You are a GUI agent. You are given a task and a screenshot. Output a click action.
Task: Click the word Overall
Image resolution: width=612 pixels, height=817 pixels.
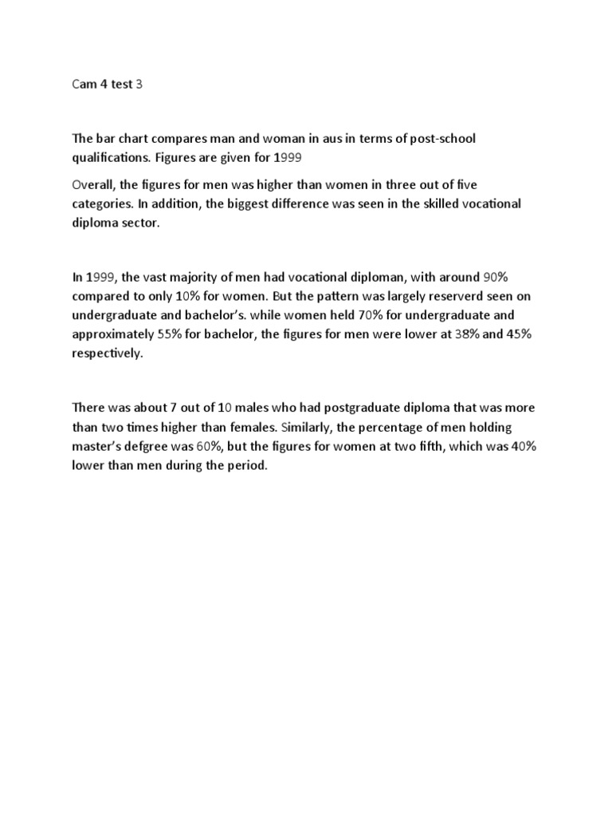point(94,184)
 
